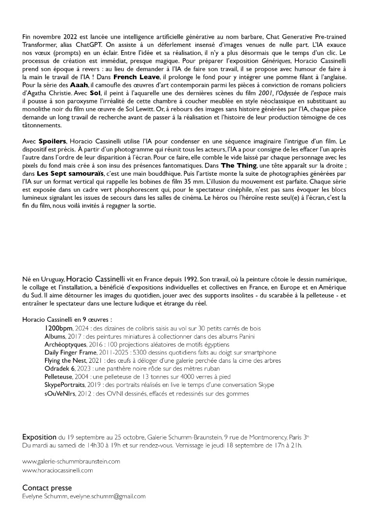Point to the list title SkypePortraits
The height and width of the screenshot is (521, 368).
[64, 385]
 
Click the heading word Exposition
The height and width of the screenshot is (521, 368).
[40, 437]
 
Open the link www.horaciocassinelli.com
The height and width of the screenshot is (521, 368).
[57, 470]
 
